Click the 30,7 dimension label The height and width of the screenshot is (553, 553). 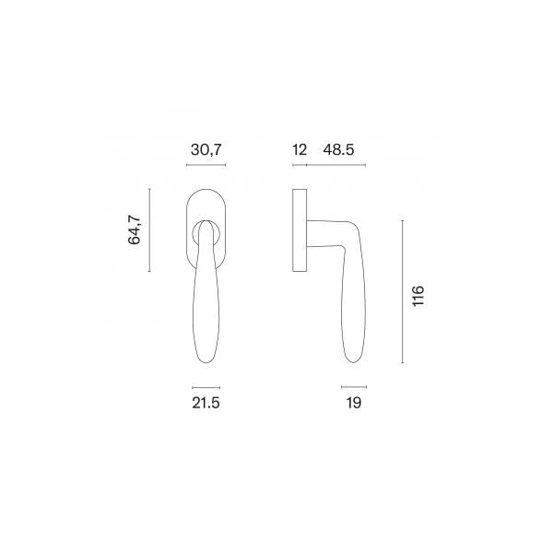(x=206, y=150)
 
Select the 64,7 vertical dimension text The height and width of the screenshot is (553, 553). (x=135, y=229)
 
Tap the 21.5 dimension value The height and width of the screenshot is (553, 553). (x=206, y=403)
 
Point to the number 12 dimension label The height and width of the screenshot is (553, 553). (x=300, y=150)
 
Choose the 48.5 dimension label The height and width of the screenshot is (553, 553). (x=338, y=150)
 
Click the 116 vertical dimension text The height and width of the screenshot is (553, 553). (x=418, y=296)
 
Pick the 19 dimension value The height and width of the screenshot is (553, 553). (x=354, y=403)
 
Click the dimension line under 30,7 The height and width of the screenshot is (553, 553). (x=206, y=165)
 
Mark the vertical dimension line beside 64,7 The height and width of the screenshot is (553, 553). (x=149, y=229)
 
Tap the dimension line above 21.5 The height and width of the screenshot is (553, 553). (x=206, y=388)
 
